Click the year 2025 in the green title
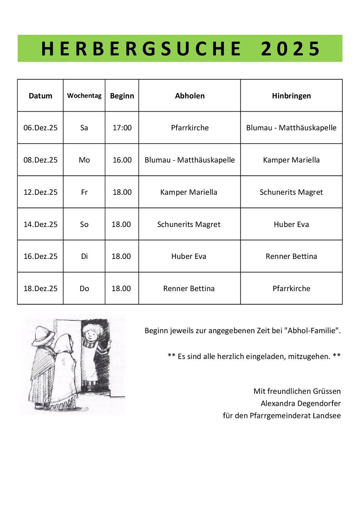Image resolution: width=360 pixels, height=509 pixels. tap(290, 49)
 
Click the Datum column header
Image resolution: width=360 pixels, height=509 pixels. tap(40, 96)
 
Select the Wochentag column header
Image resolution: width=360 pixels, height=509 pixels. tap(84, 96)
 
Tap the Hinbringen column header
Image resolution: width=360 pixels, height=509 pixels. tap(291, 96)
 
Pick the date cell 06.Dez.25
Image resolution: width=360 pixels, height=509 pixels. tap(40, 128)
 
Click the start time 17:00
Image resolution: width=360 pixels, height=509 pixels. tap(122, 128)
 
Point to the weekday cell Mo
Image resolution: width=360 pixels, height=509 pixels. tap(84, 160)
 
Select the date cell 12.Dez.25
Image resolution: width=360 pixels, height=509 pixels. tap(40, 192)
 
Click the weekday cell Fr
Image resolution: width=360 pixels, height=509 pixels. tap(84, 192)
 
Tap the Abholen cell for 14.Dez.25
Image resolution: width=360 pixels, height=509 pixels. tap(189, 224)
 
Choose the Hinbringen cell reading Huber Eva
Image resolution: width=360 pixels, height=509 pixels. tap(291, 224)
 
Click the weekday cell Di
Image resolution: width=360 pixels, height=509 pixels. tap(84, 256)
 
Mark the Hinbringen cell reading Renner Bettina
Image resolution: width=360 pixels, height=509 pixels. tap(291, 256)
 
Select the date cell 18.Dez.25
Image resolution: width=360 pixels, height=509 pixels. tap(40, 288)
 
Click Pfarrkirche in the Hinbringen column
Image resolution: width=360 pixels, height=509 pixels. tap(291, 288)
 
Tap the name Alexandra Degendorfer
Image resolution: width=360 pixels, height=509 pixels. tap(301, 403)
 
